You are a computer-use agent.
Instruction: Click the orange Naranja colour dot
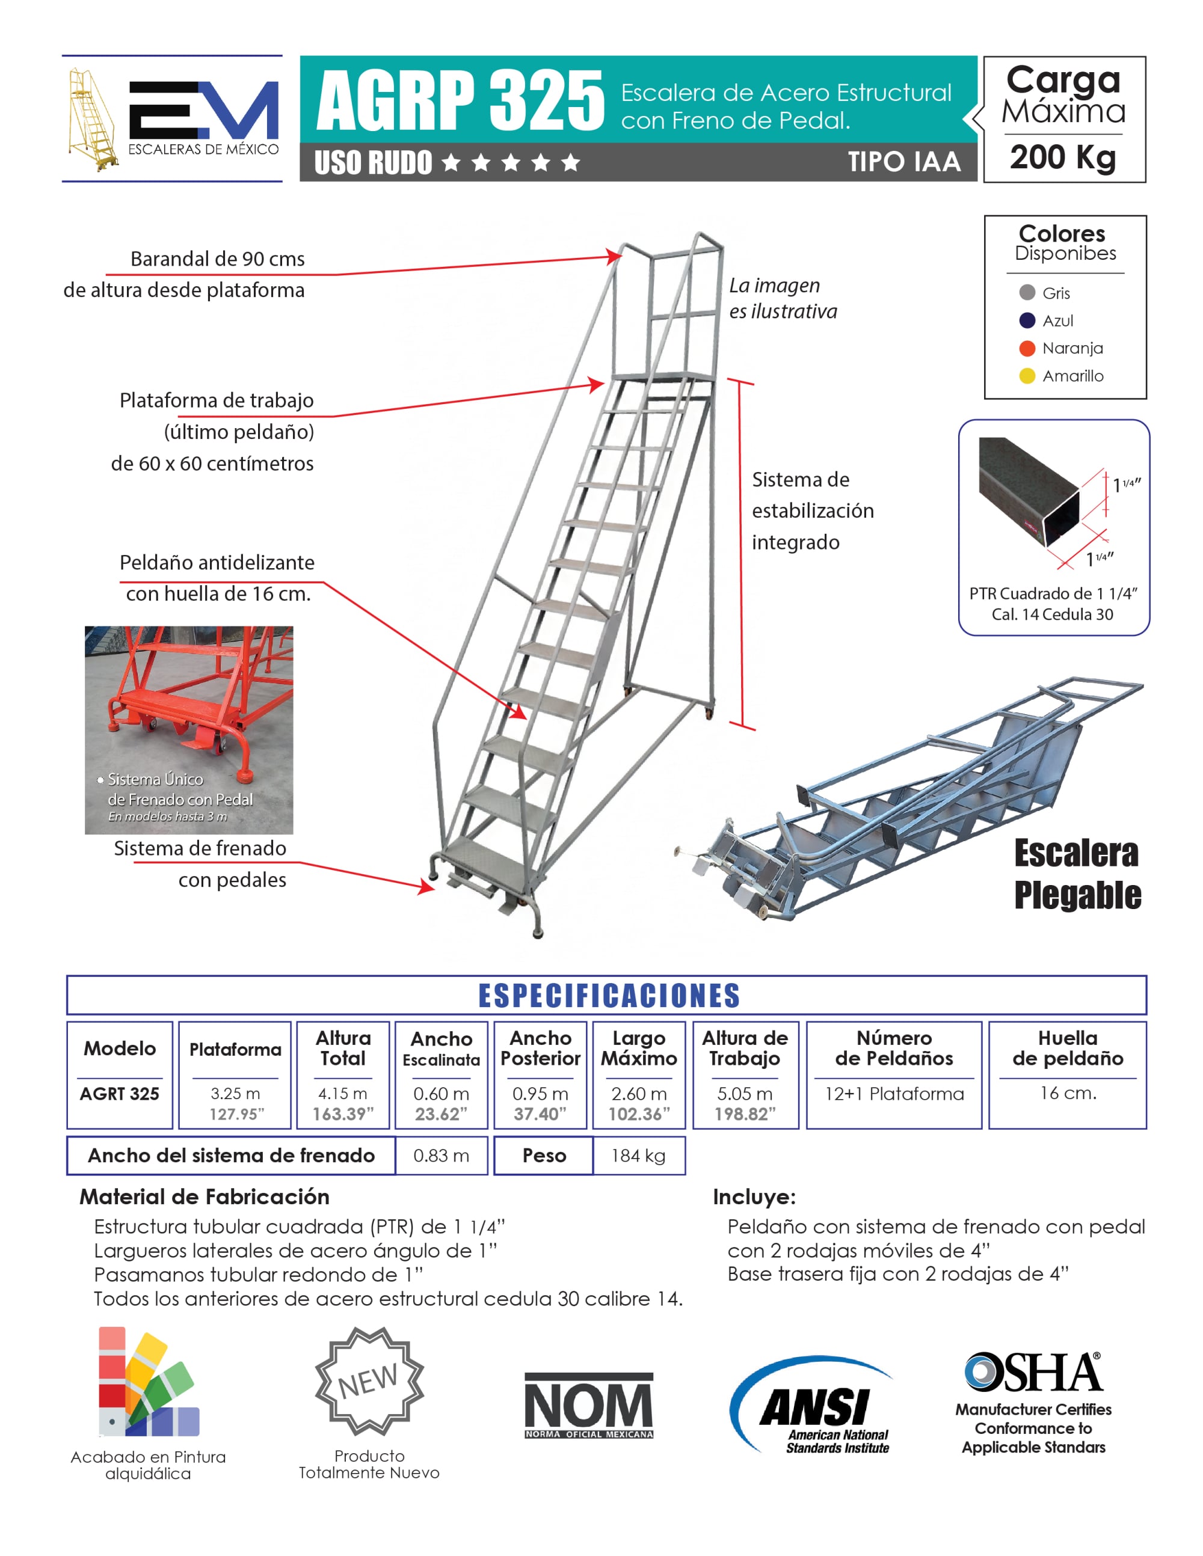coord(1026,348)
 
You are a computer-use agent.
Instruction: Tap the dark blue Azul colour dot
coord(1026,320)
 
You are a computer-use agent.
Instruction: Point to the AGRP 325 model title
coord(460,100)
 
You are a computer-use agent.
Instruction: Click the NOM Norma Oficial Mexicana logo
coord(589,1406)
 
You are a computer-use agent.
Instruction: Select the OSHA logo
coord(1033,1372)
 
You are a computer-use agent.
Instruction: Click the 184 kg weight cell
coord(639,1156)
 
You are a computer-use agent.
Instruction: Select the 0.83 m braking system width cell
coord(441,1156)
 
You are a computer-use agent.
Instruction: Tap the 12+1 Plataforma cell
coord(894,1094)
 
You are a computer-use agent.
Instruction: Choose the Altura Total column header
coord(343,1048)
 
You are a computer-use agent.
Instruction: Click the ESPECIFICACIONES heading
coord(609,995)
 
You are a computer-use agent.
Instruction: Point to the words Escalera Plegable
coord(1077,874)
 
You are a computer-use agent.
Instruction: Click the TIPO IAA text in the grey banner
coord(903,162)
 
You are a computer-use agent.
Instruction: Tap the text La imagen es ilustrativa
coord(782,298)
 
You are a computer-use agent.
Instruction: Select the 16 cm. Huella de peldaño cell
coord(1068,1094)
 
